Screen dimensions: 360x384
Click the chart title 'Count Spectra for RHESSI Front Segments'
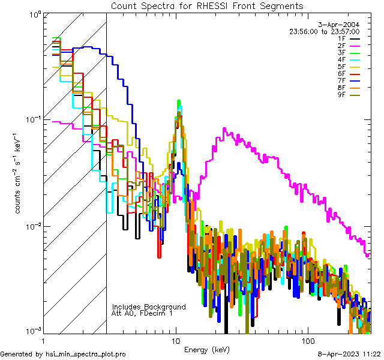[x=207, y=6]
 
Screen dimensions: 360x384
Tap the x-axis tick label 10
[x=176, y=340]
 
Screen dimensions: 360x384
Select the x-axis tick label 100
[x=307, y=340]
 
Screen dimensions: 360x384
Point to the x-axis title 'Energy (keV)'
[x=207, y=349]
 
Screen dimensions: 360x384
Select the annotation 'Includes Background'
[x=149, y=307]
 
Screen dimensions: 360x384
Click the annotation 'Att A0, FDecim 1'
[x=142, y=313]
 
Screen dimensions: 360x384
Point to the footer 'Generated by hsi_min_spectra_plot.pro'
[x=63, y=354]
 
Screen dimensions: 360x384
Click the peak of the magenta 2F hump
[x=224, y=128]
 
